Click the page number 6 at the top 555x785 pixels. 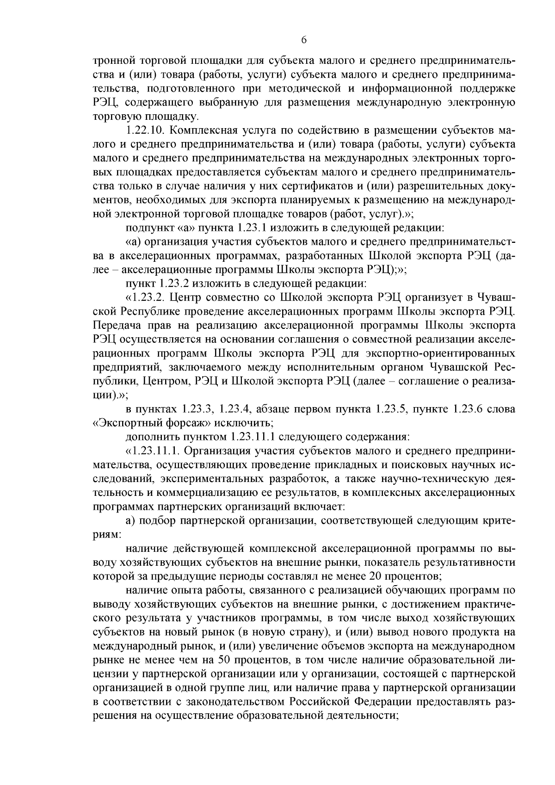point(304,40)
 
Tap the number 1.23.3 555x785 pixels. point(197,409)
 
